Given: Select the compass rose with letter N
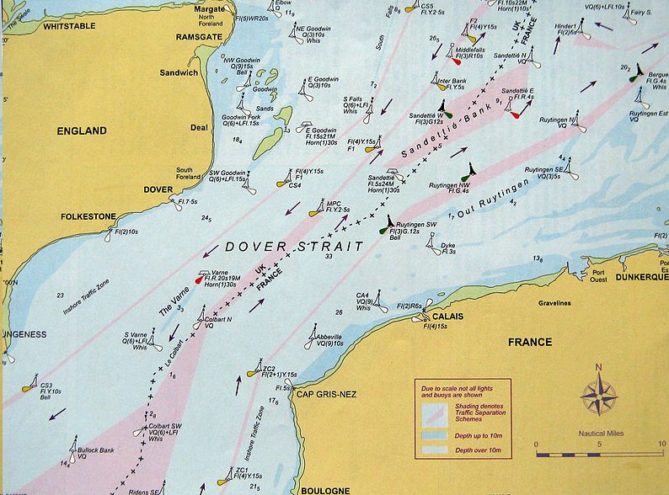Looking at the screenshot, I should pyautogui.click(x=598, y=394).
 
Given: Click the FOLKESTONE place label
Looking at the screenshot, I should pyautogui.click(x=88, y=216).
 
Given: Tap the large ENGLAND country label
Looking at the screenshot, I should pyautogui.click(x=82, y=130).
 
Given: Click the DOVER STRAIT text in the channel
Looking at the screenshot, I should pyautogui.click(x=293, y=247).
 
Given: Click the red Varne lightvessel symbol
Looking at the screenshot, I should pyautogui.click(x=200, y=278).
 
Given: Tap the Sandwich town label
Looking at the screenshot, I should pyautogui.click(x=179, y=73).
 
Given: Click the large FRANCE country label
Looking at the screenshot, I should pyautogui.click(x=530, y=342).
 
